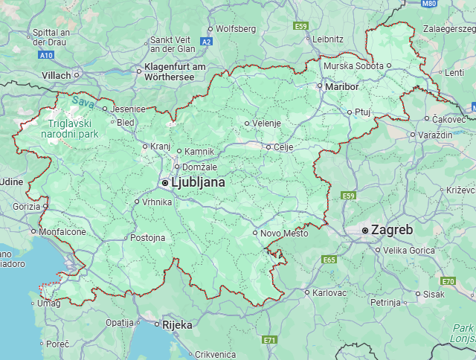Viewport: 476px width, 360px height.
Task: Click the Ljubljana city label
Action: (198, 182)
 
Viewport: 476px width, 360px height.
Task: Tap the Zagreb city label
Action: (392, 231)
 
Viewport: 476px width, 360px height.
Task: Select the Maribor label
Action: (342, 87)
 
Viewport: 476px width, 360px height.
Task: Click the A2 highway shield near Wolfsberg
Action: (207, 42)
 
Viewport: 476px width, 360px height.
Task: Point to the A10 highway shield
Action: (46, 55)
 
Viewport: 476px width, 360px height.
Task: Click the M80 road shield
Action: (428, 4)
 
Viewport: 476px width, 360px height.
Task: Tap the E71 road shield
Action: (269, 340)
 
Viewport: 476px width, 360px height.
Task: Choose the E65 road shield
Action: (330, 260)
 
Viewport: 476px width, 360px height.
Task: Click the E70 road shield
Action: (448, 281)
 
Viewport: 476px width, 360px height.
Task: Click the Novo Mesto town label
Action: (284, 234)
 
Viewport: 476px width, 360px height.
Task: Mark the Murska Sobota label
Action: (353, 65)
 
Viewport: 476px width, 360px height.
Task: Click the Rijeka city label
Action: (178, 325)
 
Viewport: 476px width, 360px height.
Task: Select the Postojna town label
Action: (147, 238)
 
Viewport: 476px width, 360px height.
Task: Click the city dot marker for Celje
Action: (269, 147)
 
